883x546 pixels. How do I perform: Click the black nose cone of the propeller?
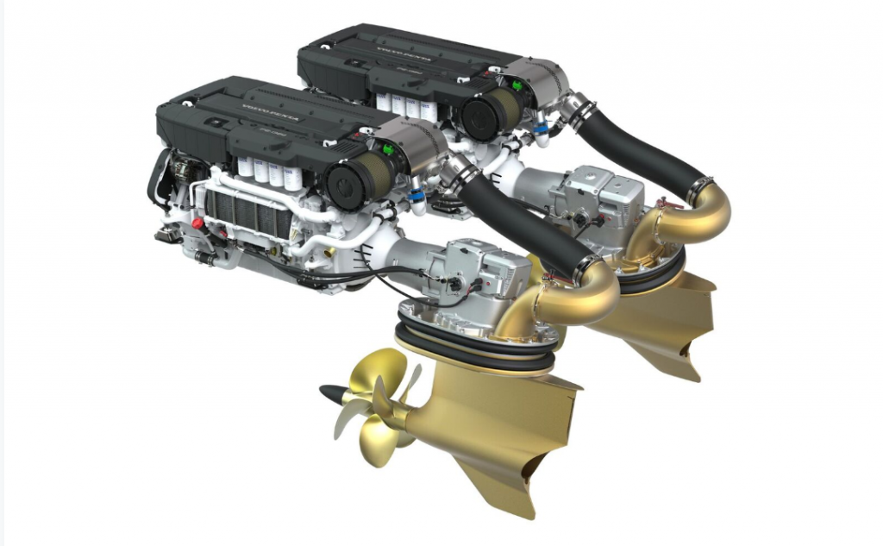[x=332, y=392]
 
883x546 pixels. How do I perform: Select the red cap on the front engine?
[x=197, y=223]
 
